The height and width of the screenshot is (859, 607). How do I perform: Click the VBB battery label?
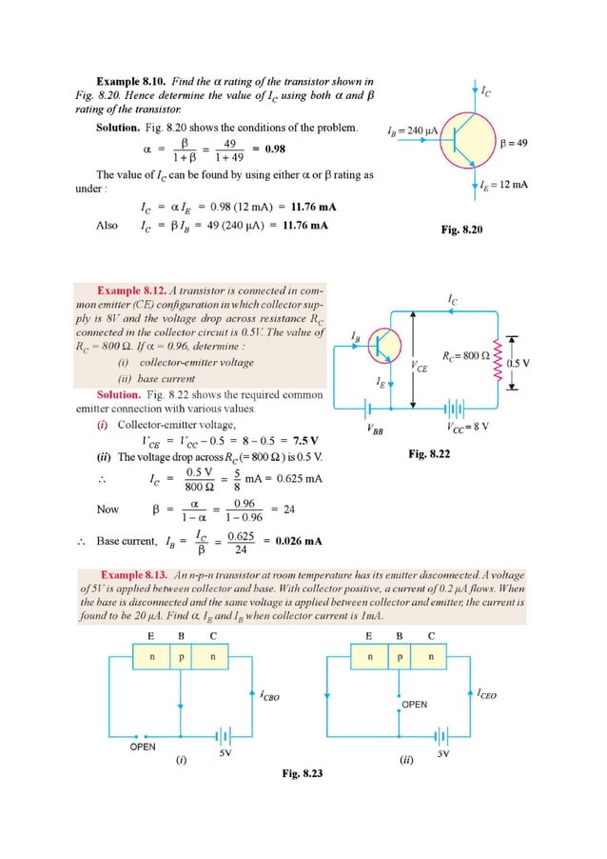[376, 429]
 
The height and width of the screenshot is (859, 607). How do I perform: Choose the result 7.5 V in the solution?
[305, 441]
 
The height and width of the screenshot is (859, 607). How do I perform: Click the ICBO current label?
[271, 696]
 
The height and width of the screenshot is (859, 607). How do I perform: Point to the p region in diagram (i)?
[180, 657]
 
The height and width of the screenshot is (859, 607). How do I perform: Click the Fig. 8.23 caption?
[302, 772]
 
